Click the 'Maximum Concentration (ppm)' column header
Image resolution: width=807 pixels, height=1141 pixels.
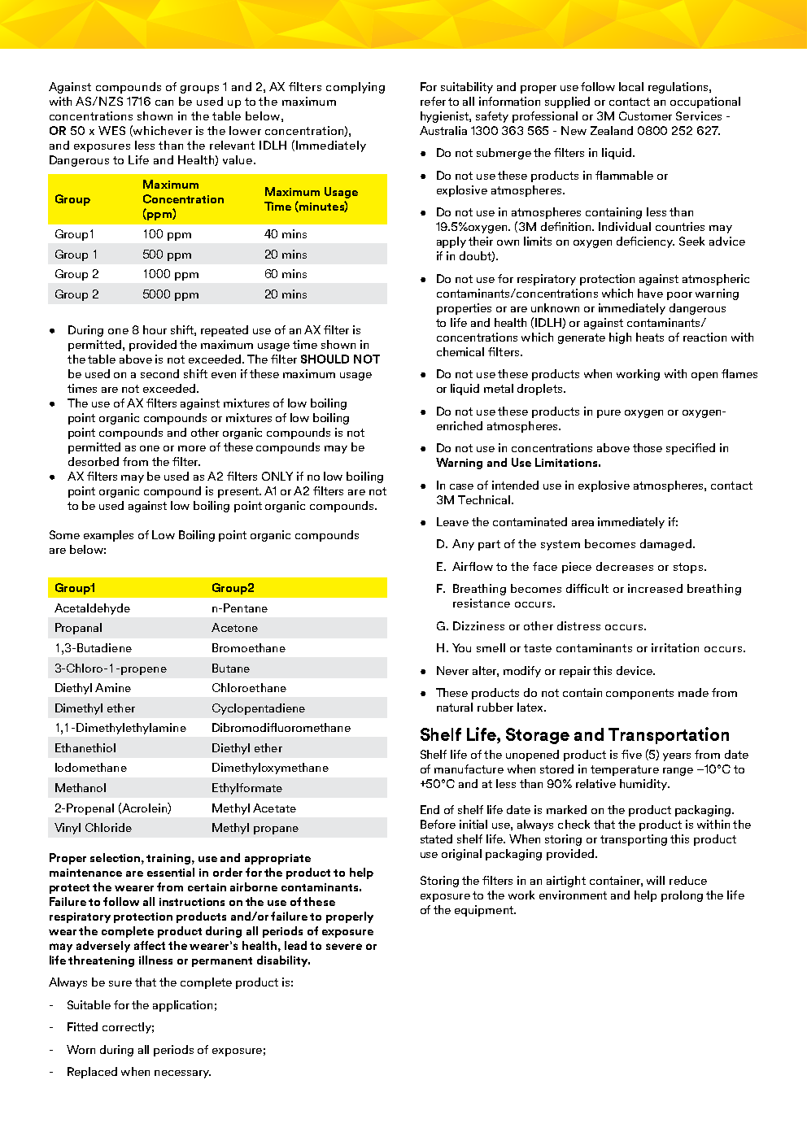pos(183,199)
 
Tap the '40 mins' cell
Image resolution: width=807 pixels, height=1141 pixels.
pos(286,234)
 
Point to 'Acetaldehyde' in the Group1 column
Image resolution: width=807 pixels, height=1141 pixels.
pos(92,608)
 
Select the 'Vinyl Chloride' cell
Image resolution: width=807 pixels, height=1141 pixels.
pos(93,828)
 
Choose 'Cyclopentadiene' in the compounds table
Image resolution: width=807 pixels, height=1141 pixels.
pos(258,708)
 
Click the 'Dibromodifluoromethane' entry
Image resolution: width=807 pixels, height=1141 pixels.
pos(281,728)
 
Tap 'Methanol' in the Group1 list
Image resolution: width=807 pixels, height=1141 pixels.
pos(81,788)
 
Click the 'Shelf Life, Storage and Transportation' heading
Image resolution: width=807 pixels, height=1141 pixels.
pos(574,735)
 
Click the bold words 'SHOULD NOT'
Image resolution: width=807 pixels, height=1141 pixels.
pos(340,359)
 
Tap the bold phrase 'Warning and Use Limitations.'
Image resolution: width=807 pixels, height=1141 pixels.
pos(518,463)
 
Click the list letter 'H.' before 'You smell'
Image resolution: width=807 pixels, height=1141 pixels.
pos(443,648)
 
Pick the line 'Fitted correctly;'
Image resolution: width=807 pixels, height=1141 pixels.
pos(111,1027)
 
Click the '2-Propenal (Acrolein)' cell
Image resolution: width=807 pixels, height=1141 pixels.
pos(113,808)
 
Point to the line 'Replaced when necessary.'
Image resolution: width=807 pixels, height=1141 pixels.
pos(139,1072)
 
